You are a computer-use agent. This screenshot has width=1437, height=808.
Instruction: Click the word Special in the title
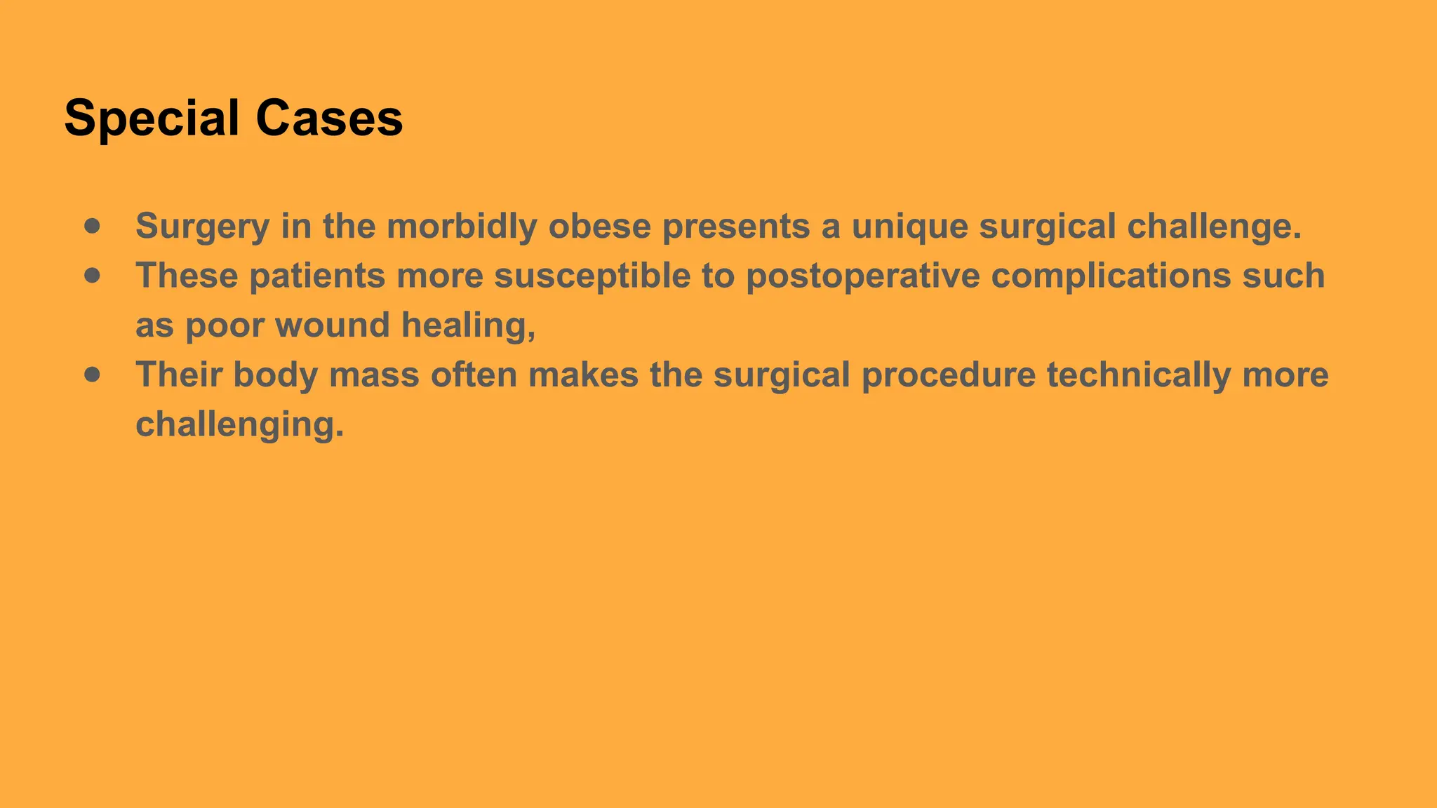pos(152,118)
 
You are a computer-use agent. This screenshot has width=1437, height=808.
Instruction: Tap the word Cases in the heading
pos(329,118)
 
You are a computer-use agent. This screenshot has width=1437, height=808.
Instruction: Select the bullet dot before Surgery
pos(92,226)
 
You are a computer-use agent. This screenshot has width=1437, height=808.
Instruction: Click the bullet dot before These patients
pos(92,276)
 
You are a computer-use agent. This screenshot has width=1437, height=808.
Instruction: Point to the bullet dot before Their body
pos(92,375)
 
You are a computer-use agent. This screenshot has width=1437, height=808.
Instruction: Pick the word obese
pos(599,226)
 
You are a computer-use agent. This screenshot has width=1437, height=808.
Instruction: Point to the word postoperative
pos(862,276)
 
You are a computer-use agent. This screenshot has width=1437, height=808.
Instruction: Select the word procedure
pos(948,375)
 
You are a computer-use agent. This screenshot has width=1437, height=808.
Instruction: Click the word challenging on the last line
pos(239,424)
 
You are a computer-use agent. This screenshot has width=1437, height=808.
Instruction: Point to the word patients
pos(317,276)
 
